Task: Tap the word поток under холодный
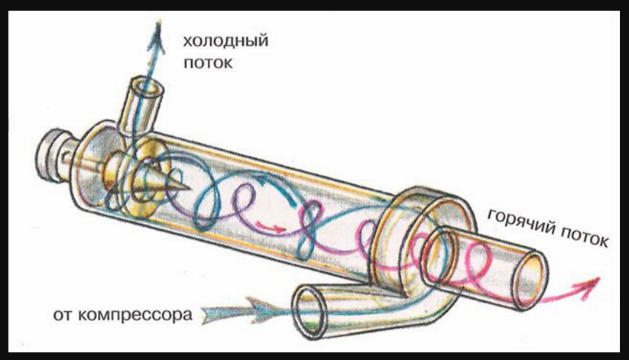207,63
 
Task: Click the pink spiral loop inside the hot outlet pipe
474,264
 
